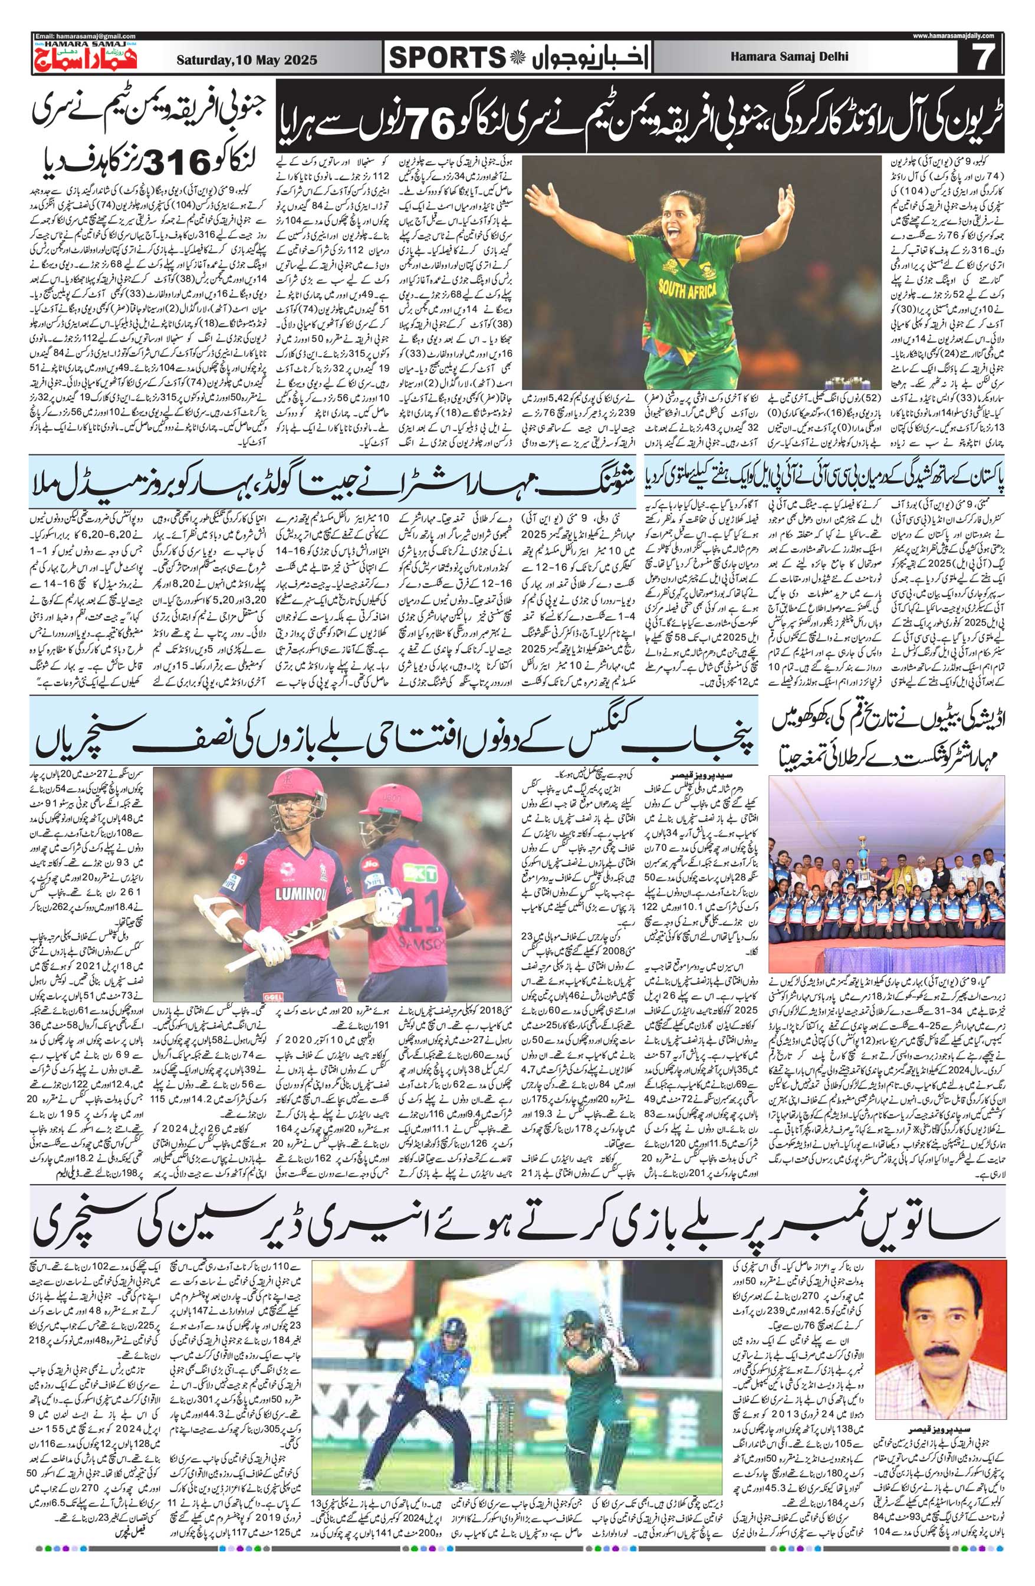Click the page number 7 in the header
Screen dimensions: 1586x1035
coord(980,58)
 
